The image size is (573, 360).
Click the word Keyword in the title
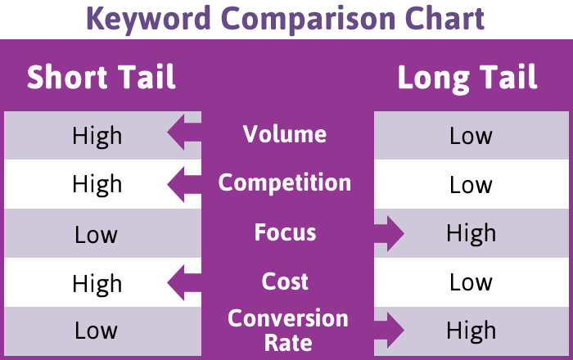coord(149,19)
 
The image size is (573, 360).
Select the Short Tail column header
coord(102,77)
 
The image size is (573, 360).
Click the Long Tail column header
coord(467,78)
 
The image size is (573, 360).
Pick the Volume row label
coord(285,134)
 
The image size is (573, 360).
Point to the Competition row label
coord(285,182)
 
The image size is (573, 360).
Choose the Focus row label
coord(286,232)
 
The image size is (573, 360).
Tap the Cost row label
coord(285,281)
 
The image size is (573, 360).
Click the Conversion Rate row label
coord(288,331)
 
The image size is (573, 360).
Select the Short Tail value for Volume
coord(97,137)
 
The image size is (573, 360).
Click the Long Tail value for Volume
coord(471,136)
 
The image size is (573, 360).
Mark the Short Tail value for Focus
coord(96,234)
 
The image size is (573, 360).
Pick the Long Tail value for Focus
coord(471,234)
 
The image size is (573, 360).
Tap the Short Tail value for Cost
coord(97,284)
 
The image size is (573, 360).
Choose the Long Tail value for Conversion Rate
coord(471,331)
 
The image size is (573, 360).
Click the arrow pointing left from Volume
coord(184,133)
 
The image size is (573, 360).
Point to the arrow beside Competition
coord(184,184)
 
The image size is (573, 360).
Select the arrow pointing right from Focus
coord(389,234)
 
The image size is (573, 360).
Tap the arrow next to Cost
coord(184,282)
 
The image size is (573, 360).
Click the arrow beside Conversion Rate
coord(389,330)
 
